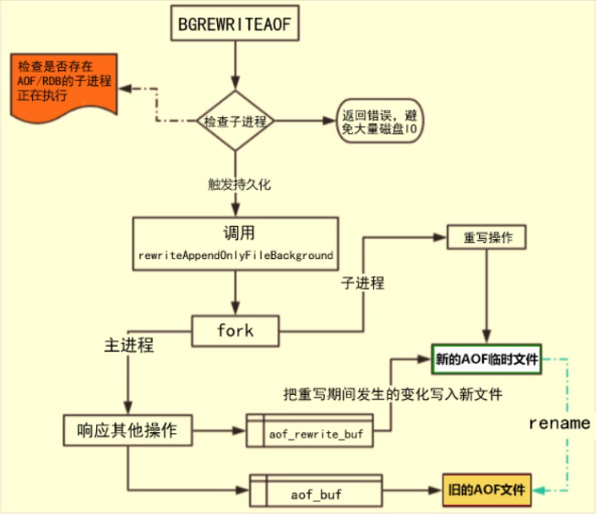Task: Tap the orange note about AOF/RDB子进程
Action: [x=61, y=82]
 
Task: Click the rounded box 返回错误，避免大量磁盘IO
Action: [x=378, y=122]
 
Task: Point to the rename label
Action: [x=558, y=423]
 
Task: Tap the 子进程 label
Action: [x=362, y=284]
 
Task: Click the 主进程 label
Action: [x=129, y=345]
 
